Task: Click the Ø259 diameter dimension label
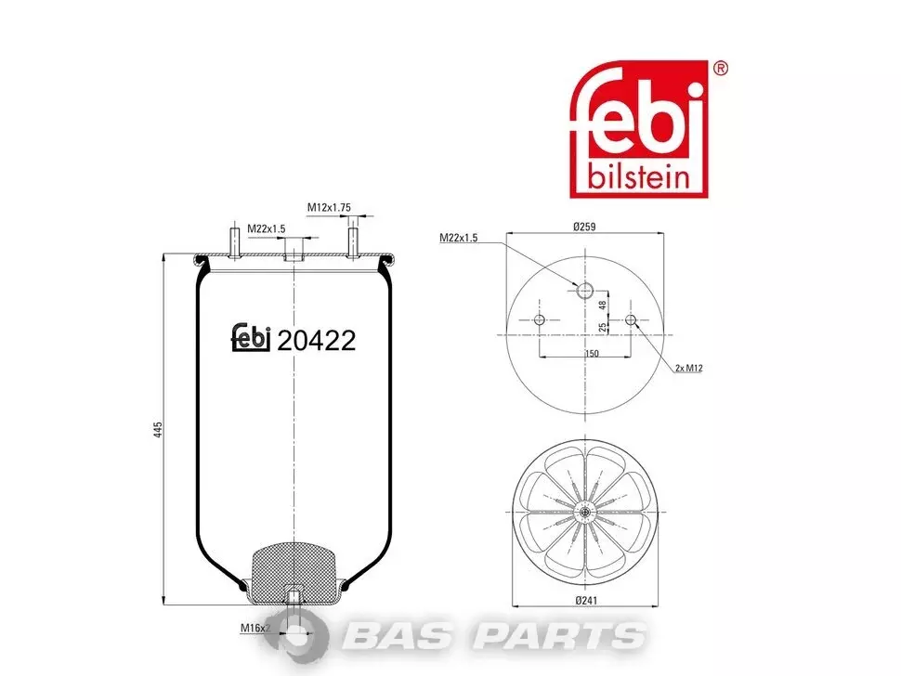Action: point(584,227)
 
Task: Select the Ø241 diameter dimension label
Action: point(587,600)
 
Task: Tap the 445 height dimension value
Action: point(159,430)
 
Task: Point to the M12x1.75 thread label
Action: point(329,207)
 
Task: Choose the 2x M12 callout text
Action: point(689,368)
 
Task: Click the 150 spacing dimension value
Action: point(592,354)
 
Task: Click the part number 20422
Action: point(317,341)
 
